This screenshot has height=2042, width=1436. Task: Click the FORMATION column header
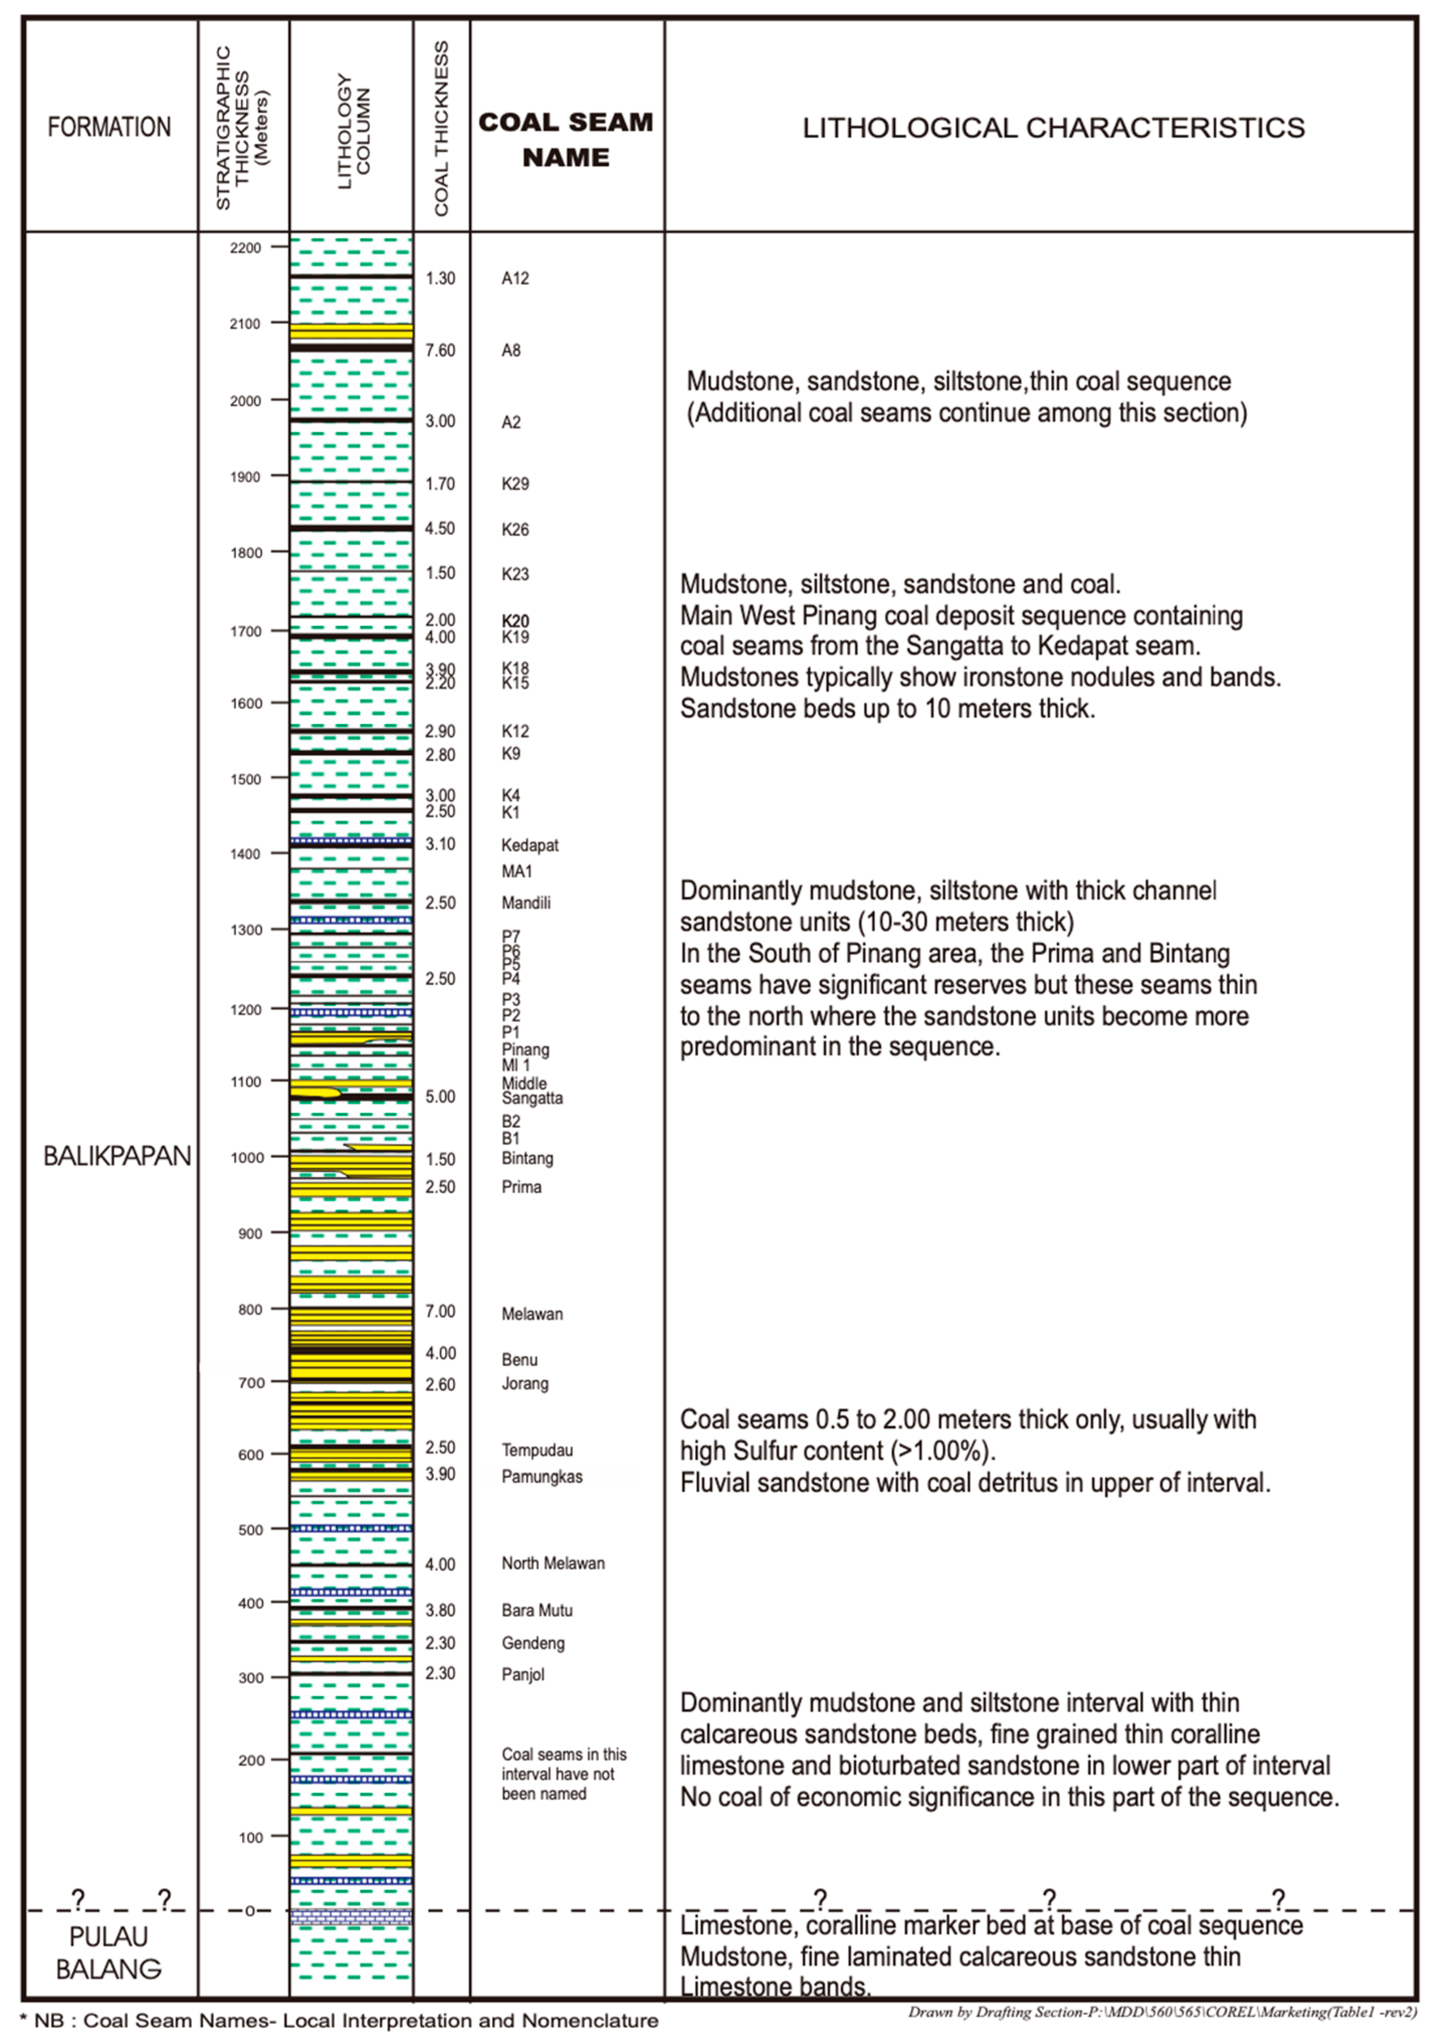point(109,127)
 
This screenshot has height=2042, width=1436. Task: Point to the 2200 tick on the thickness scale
point(246,248)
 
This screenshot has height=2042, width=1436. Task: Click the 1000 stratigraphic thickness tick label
point(250,1157)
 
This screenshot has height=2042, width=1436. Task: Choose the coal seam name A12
point(515,278)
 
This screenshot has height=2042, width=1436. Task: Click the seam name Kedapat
point(530,845)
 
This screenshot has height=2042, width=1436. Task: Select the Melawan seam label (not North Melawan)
point(532,1313)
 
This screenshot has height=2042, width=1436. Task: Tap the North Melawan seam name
point(553,1564)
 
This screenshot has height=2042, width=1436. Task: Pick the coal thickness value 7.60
point(440,350)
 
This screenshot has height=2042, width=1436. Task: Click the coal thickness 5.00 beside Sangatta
point(440,1096)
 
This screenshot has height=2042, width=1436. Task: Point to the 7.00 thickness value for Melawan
point(440,1311)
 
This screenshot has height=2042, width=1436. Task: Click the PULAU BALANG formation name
point(108,1953)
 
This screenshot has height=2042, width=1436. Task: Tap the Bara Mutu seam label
point(537,1611)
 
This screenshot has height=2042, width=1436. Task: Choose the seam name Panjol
point(523,1675)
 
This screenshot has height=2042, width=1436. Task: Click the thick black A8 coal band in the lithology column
point(351,347)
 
